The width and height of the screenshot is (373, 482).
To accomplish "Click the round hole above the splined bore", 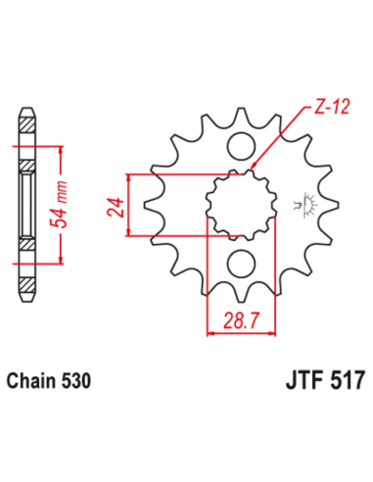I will tap(238, 146).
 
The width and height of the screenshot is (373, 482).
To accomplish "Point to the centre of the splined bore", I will tap(238, 203).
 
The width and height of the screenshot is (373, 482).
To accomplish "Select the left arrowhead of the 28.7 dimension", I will tap(209, 331).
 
